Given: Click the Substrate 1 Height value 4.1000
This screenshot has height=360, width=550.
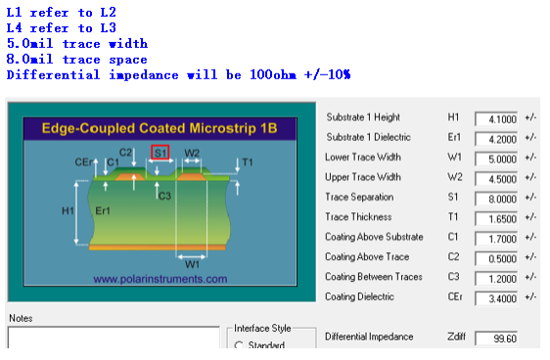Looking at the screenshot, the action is coord(496,119).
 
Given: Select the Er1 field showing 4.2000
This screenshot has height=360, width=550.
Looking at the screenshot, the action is coord(496,139).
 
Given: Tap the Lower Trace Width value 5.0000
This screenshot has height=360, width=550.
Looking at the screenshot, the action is coord(496,159).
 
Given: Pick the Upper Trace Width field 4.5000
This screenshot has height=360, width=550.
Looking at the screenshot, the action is coord(496,179).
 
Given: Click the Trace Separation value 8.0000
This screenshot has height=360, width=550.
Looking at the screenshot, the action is coord(496,200).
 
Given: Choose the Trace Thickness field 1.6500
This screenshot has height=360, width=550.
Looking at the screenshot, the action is coord(496,219).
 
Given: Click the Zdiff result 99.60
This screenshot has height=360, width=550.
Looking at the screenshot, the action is coord(496,338).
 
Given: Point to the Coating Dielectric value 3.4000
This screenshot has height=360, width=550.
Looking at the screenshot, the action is coord(496,298).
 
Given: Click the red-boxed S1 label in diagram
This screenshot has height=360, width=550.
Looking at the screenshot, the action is coord(160,153).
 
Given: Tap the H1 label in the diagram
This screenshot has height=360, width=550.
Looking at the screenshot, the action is coord(68,210).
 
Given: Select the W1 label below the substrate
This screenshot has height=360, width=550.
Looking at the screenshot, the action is coord(192,264).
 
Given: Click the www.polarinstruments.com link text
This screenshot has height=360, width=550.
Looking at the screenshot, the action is coord(160,279).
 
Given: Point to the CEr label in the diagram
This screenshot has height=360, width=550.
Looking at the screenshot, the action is coord(83,162).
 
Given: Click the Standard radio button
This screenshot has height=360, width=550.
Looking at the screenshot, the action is coord(239,345).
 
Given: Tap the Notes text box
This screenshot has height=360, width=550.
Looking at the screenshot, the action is coord(114,337).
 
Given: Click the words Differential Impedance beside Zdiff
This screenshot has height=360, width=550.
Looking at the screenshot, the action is coord(369,337).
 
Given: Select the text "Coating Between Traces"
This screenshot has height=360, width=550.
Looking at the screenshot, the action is coord(374,277).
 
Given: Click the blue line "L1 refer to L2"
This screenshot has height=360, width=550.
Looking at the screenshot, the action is coord(62,13).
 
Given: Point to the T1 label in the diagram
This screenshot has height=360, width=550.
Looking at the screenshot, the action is coord(248,162).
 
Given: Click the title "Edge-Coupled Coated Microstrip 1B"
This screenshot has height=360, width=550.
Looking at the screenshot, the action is coord(160,128).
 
